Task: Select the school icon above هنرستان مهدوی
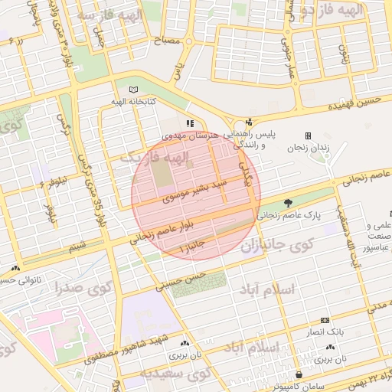point(191,122)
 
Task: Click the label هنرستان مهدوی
point(191,135)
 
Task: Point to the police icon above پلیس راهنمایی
point(249,122)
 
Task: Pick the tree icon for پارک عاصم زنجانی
point(289,203)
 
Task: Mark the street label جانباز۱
point(194,246)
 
